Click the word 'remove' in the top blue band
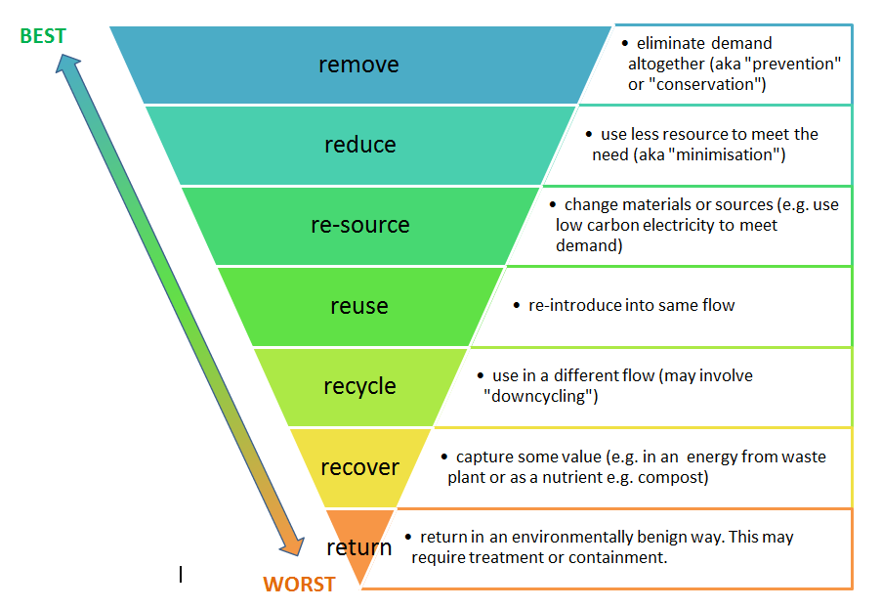pyautogui.click(x=358, y=65)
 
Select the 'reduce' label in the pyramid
pyautogui.click(x=359, y=145)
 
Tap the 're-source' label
pyautogui.click(x=359, y=225)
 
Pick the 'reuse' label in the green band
pyautogui.click(x=358, y=306)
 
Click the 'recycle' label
pyautogui.click(x=359, y=386)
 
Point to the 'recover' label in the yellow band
pyautogui.click(x=359, y=466)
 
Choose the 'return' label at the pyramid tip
pyautogui.click(x=358, y=547)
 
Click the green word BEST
pyautogui.click(x=43, y=36)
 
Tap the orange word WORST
pyautogui.click(x=299, y=585)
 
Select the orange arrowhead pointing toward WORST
pyautogui.click(x=290, y=548)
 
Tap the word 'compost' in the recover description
pyautogui.click(x=676, y=478)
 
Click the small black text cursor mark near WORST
pyautogui.click(x=181, y=575)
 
